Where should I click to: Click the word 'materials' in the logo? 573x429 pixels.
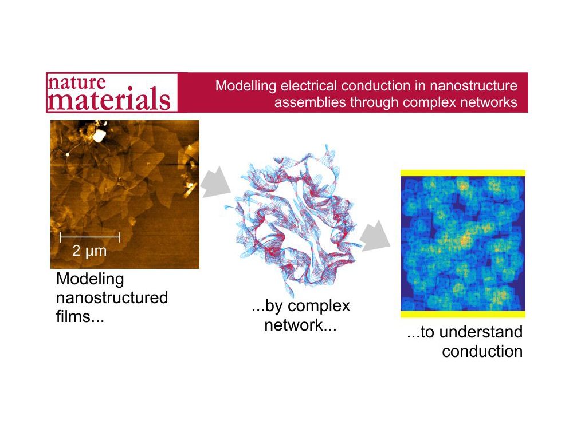(x=109, y=98)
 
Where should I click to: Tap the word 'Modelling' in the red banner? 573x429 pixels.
(x=246, y=86)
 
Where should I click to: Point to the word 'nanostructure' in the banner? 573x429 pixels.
(x=473, y=85)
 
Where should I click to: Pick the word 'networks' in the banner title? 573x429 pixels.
(x=489, y=102)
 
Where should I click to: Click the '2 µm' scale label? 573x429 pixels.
(x=89, y=251)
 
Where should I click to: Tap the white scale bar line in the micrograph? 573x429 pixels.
(x=90, y=237)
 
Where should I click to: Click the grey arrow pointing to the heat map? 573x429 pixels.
(x=375, y=236)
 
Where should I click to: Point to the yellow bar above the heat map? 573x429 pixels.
(x=463, y=173)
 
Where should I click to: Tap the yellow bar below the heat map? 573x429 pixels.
(x=463, y=314)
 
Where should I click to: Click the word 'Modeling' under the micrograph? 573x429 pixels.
(x=91, y=280)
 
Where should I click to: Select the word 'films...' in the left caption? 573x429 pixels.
(x=80, y=316)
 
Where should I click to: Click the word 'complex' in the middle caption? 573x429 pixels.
(x=319, y=307)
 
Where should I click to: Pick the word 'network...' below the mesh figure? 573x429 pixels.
(x=300, y=325)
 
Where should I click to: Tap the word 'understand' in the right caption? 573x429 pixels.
(x=481, y=332)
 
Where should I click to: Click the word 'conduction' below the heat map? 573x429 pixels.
(x=482, y=352)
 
